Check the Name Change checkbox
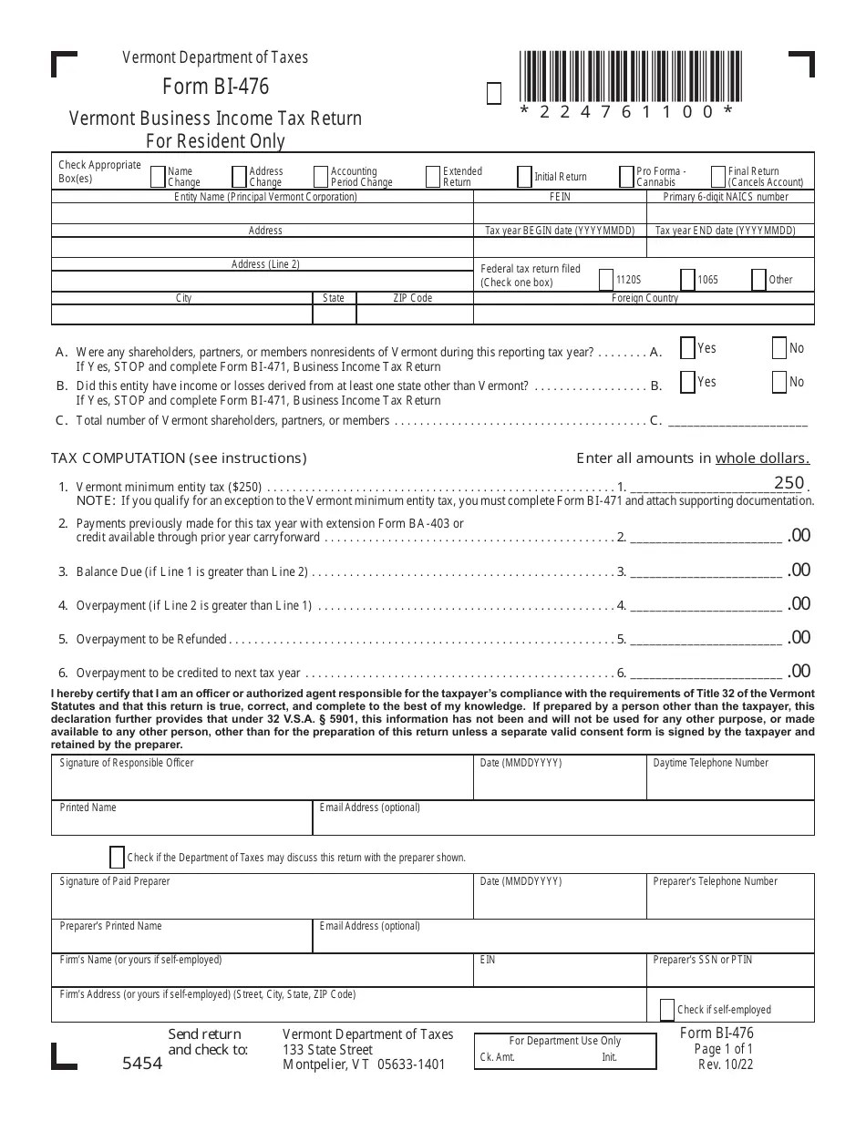158,176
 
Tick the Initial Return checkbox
524,176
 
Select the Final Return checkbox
718,176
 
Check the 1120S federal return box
607,279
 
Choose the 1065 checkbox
688,279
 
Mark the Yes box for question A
688,348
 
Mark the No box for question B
778,382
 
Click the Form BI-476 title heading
216,87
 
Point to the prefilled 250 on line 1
789,483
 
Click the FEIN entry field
560,213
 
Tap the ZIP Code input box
413,314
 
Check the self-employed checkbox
666,1009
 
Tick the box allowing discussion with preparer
117,857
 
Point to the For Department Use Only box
564,1050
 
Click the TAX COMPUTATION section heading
179,458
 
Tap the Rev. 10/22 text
725,1064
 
